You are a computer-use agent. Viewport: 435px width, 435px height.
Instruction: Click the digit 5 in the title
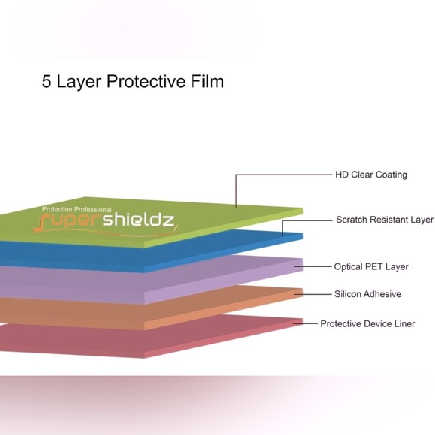pyautogui.click(x=46, y=81)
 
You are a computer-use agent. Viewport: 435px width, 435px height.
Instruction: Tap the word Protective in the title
pyautogui.click(x=146, y=81)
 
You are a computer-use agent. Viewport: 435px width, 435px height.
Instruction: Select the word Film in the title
pyautogui.click(x=207, y=81)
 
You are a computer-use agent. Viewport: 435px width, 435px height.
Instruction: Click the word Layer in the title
pyautogui.click(x=79, y=82)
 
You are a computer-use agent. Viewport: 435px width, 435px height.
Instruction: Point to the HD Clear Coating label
pyautogui.click(x=371, y=175)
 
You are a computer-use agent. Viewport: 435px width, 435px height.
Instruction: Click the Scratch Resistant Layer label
pyautogui.click(x=385, y=220)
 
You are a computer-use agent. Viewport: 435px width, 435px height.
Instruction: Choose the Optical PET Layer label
pyautogui.click(x=371, y=267)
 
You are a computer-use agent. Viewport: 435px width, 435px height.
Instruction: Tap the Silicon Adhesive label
pyautogui.click(x=367, y=294)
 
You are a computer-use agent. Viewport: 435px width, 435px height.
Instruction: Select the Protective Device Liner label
pyautogui.click(x=367, y=324)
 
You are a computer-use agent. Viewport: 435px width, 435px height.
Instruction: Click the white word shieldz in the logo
pyautogui.click(x=139, y=220)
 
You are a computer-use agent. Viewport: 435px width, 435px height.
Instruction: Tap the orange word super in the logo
pyautogui.click(x=68, y=221)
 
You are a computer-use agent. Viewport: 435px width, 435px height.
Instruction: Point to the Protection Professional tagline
pyautogui.click(x=76, y=209)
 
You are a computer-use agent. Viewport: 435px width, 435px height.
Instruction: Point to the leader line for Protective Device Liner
pyautogui.click(x=305, y=323)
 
